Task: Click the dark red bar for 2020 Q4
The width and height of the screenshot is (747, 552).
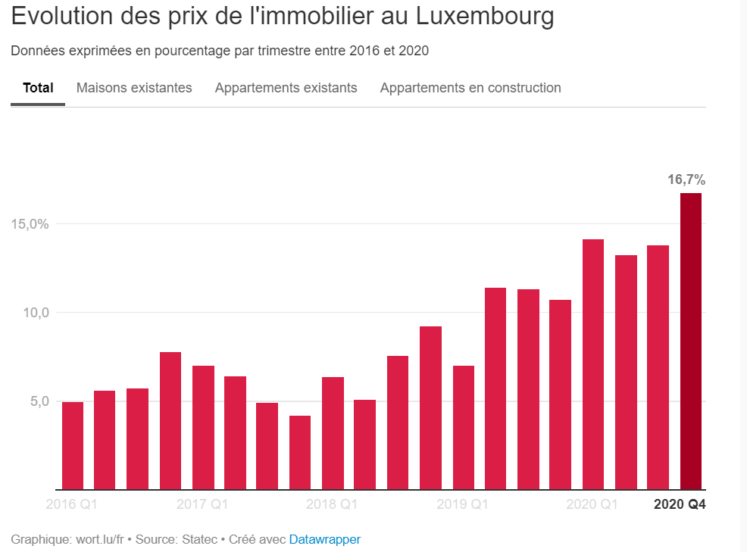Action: point(691,341)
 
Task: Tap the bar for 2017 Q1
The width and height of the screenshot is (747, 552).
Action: point(203,427)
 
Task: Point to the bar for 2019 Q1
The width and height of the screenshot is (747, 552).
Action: point(464,427)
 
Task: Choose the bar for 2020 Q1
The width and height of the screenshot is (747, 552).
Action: point(593,364)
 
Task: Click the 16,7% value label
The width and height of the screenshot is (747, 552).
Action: point(686,180)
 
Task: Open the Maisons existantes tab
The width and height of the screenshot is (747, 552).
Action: point(134,88)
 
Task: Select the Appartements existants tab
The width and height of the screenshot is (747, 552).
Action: point(286,88)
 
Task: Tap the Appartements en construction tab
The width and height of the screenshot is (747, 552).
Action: point(470,88)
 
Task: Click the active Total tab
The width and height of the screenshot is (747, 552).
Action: point(38,88)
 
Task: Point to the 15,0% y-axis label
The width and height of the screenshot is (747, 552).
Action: point(30,224)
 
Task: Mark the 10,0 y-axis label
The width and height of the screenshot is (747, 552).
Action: point(35,313)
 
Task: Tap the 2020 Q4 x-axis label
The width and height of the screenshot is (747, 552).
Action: point(680,504)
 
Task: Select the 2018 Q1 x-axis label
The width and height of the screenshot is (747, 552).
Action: point(332,504)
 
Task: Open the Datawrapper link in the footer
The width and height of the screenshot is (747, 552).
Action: point(325,540)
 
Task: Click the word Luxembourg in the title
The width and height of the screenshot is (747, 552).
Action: point(482,17)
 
